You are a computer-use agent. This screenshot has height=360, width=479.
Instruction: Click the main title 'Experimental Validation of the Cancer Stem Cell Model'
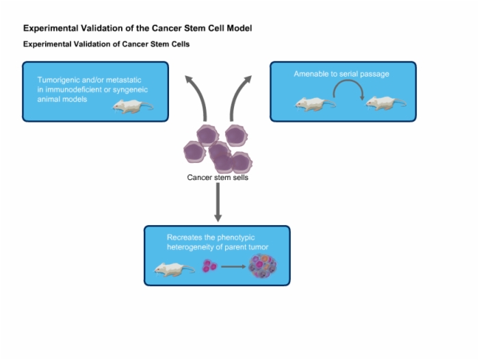pyautogui.click(x=138, y=29)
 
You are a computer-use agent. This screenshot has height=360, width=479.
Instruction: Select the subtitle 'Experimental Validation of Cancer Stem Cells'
pyautogui.click(x=106, y=44)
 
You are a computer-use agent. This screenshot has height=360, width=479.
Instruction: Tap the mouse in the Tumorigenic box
pyautogui.click(x=133, y=106)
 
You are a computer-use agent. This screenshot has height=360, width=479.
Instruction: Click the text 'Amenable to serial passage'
pyautogui.click(x=341, y=74)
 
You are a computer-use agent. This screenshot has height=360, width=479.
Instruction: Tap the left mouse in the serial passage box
pyautogui.click(x=315, y=104)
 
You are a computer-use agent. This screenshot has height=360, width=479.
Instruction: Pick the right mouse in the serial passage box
pyautogui.click(x=386, y=103)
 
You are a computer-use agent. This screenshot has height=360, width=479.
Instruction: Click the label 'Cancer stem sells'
pyautogui.click(x=218, y=177)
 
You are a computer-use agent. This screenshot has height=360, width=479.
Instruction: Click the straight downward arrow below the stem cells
pyautogui.click(x=218, y=203)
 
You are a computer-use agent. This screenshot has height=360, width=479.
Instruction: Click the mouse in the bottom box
pyautogui.click(x=174, y=270)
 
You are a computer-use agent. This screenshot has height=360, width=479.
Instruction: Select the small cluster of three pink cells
pyautogui.click(x=209, y=266)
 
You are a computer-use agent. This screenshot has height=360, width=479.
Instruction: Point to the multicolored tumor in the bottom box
pyautogui.click(x=263, y=266)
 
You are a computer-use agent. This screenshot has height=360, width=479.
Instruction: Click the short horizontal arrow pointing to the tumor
pyautogui.click(x=233, y=267)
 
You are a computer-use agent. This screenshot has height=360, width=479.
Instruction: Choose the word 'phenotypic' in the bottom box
pyautogui.click(x=236, y=237)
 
